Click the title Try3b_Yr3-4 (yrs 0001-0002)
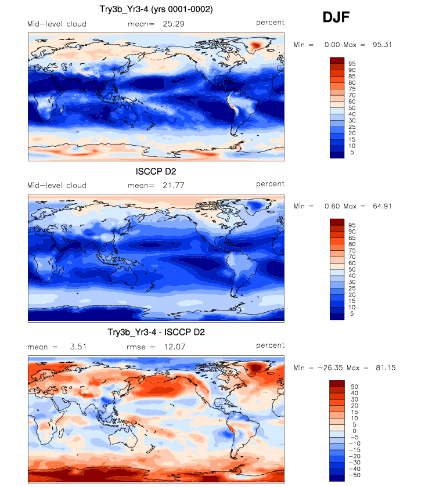click(156, 10)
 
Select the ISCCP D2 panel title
click(156, 171)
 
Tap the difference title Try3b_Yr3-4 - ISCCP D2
click(156, 333)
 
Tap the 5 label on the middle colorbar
click(351, 313)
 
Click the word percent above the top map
click(270, 23)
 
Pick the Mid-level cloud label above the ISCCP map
click(57, 185)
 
